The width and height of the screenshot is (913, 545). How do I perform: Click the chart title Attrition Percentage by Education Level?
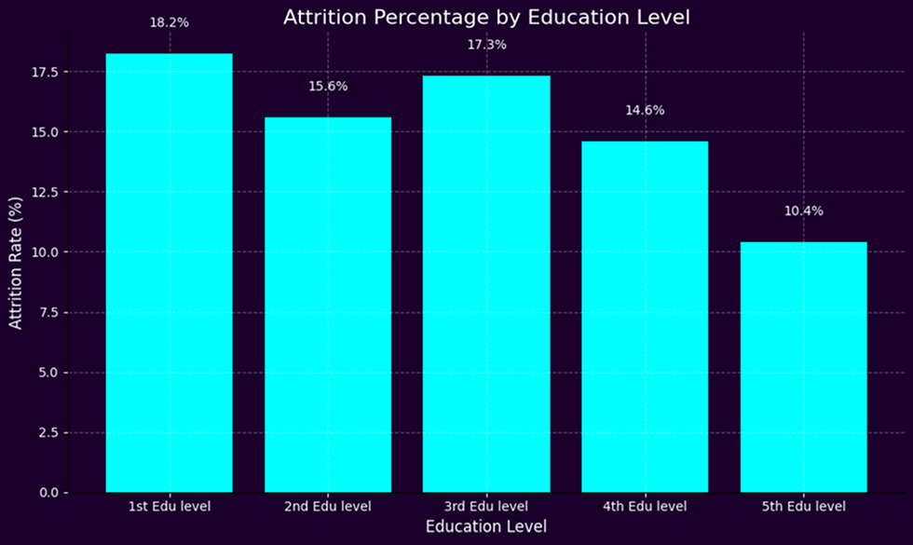tap(485, 18)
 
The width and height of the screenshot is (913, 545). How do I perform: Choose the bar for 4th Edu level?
tap(645, 317)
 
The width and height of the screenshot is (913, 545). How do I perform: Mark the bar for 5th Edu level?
tap(803, 367)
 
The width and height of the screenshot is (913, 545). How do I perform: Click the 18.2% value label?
tap(169, 22)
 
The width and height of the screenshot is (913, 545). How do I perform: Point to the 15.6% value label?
tap(327, 87)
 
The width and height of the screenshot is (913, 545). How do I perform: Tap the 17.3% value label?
tap(485, 45)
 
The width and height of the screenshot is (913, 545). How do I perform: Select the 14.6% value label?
tap(645, 110)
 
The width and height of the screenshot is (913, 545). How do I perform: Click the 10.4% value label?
tap(803, 211)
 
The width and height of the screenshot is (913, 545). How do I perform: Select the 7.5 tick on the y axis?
tap(48, 312)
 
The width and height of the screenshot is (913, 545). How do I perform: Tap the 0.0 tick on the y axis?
tap(48, 493)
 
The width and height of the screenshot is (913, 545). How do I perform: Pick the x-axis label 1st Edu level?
tap(169, 507)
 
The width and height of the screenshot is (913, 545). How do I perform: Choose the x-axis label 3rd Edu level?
tap(485, 507)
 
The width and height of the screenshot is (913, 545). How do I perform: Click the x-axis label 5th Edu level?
tap(803, 507)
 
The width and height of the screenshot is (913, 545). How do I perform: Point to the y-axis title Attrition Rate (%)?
tap(16, 262)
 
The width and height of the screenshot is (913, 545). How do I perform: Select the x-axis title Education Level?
tap(485, 527)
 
